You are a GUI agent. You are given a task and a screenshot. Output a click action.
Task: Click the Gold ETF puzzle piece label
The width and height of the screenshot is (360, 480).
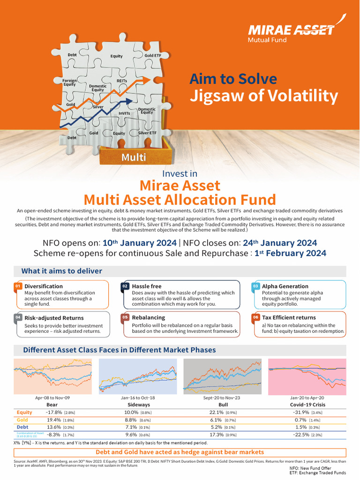click(152, 55)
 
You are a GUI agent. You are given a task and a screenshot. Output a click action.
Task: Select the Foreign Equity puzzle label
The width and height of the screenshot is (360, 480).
click(69, 82)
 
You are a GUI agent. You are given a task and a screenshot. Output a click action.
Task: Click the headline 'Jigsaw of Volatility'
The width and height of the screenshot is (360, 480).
click(263, 96)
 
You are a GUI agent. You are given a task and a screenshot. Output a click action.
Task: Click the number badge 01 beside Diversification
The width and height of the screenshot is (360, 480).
click(17, 286)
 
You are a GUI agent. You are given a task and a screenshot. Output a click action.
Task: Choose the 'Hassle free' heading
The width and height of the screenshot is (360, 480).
click(146, 286)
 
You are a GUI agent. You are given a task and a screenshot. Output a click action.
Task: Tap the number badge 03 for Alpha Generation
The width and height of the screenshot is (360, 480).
click(255, 286)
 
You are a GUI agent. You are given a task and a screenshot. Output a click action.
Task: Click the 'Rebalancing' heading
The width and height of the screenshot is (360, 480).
click(148, 317)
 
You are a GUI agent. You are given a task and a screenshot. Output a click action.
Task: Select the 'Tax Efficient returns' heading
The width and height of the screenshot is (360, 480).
click(289, 317)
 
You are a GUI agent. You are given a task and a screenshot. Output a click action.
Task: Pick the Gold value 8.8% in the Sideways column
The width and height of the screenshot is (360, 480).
click(133, 420)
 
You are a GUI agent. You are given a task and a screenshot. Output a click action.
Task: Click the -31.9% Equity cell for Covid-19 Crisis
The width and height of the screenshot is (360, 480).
click(301, 412)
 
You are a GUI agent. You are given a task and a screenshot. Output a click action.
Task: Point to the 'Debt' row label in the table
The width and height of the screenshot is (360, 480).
click(22, 427)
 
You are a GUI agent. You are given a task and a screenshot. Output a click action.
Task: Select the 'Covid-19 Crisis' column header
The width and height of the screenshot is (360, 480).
click(307, 404)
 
